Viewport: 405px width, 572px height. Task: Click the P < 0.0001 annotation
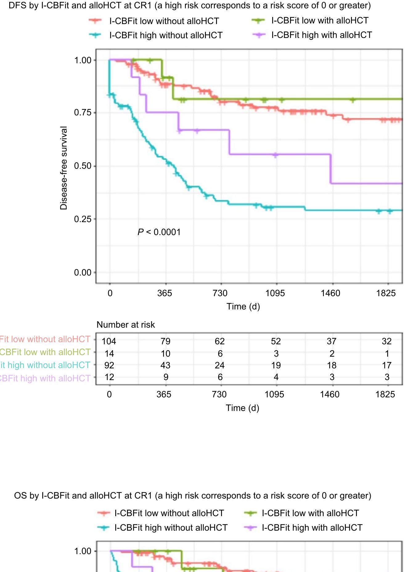(x=159, y=232)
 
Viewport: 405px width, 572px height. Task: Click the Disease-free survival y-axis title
(x=64, y=168)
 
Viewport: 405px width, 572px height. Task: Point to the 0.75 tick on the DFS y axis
(x=83, y=113)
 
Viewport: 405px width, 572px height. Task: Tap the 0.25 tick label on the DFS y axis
(x=83, y=219)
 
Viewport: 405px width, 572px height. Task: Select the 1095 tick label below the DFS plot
(x=275, y=293)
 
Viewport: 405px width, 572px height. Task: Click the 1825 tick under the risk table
(x=385, y=394)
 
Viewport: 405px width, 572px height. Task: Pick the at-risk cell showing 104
(x=109, y=341)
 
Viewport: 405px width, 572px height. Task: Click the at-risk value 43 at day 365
(x=165, y=365)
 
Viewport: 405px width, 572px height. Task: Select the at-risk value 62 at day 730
(x=219, y=341)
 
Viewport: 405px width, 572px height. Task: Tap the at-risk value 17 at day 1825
(x=387, y=365)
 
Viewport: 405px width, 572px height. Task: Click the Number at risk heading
(x=125, y=325)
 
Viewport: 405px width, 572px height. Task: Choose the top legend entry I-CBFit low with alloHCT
(x=320, y=21)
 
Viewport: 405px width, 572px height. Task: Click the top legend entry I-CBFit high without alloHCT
(x=166, y=35)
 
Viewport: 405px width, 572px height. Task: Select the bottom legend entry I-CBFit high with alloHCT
(x=312, y=528)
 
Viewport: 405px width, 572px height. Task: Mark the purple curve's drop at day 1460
(x=331, y=169)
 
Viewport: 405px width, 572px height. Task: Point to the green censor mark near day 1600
(x=353, y=100)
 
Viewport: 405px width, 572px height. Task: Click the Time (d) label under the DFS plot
(x=243, y=306)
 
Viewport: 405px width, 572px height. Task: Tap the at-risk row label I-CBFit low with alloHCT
(x=45, y=352)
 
